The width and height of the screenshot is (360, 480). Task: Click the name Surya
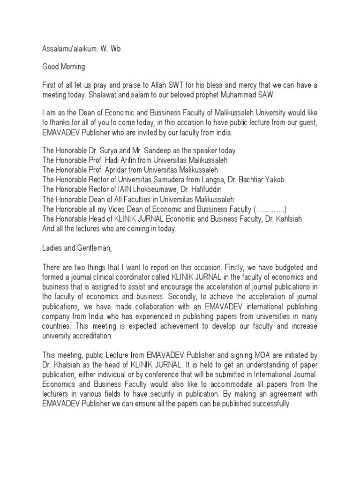113,151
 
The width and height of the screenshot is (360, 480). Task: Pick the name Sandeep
159,151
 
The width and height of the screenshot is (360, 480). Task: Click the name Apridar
118,170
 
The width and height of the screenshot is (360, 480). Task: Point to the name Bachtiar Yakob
259,179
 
